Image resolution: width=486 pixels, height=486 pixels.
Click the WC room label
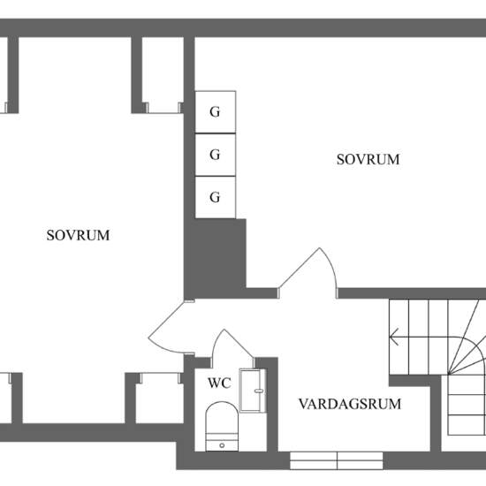tap(219, 383)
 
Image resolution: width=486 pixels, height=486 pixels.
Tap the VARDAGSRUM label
tap(350, 404)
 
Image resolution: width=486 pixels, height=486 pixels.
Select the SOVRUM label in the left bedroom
tap(78, 235)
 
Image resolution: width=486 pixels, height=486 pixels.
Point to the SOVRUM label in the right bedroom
tap(368, 159)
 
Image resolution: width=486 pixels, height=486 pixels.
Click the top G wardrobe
tap(216, 112)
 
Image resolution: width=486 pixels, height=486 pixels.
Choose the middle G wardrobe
tap(216, 155)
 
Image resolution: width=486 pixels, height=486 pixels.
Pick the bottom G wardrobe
tap(216, 197)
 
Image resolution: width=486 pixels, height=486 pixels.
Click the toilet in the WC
tap(222, 427)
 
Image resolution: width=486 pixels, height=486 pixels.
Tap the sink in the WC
tap(253, 391)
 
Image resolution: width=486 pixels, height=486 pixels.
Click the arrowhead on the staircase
tap(393, 337)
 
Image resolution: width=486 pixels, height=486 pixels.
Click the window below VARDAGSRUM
tap(337, 460)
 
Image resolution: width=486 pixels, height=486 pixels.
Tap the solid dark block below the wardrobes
tap(215, 257)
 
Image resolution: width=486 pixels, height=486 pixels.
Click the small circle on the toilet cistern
tap(222, 445)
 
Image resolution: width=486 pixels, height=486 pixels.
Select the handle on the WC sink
tap(259, 391)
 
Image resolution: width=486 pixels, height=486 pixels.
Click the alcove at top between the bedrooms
tap(163, 75)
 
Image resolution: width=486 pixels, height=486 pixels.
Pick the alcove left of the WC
tap(160, 399)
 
